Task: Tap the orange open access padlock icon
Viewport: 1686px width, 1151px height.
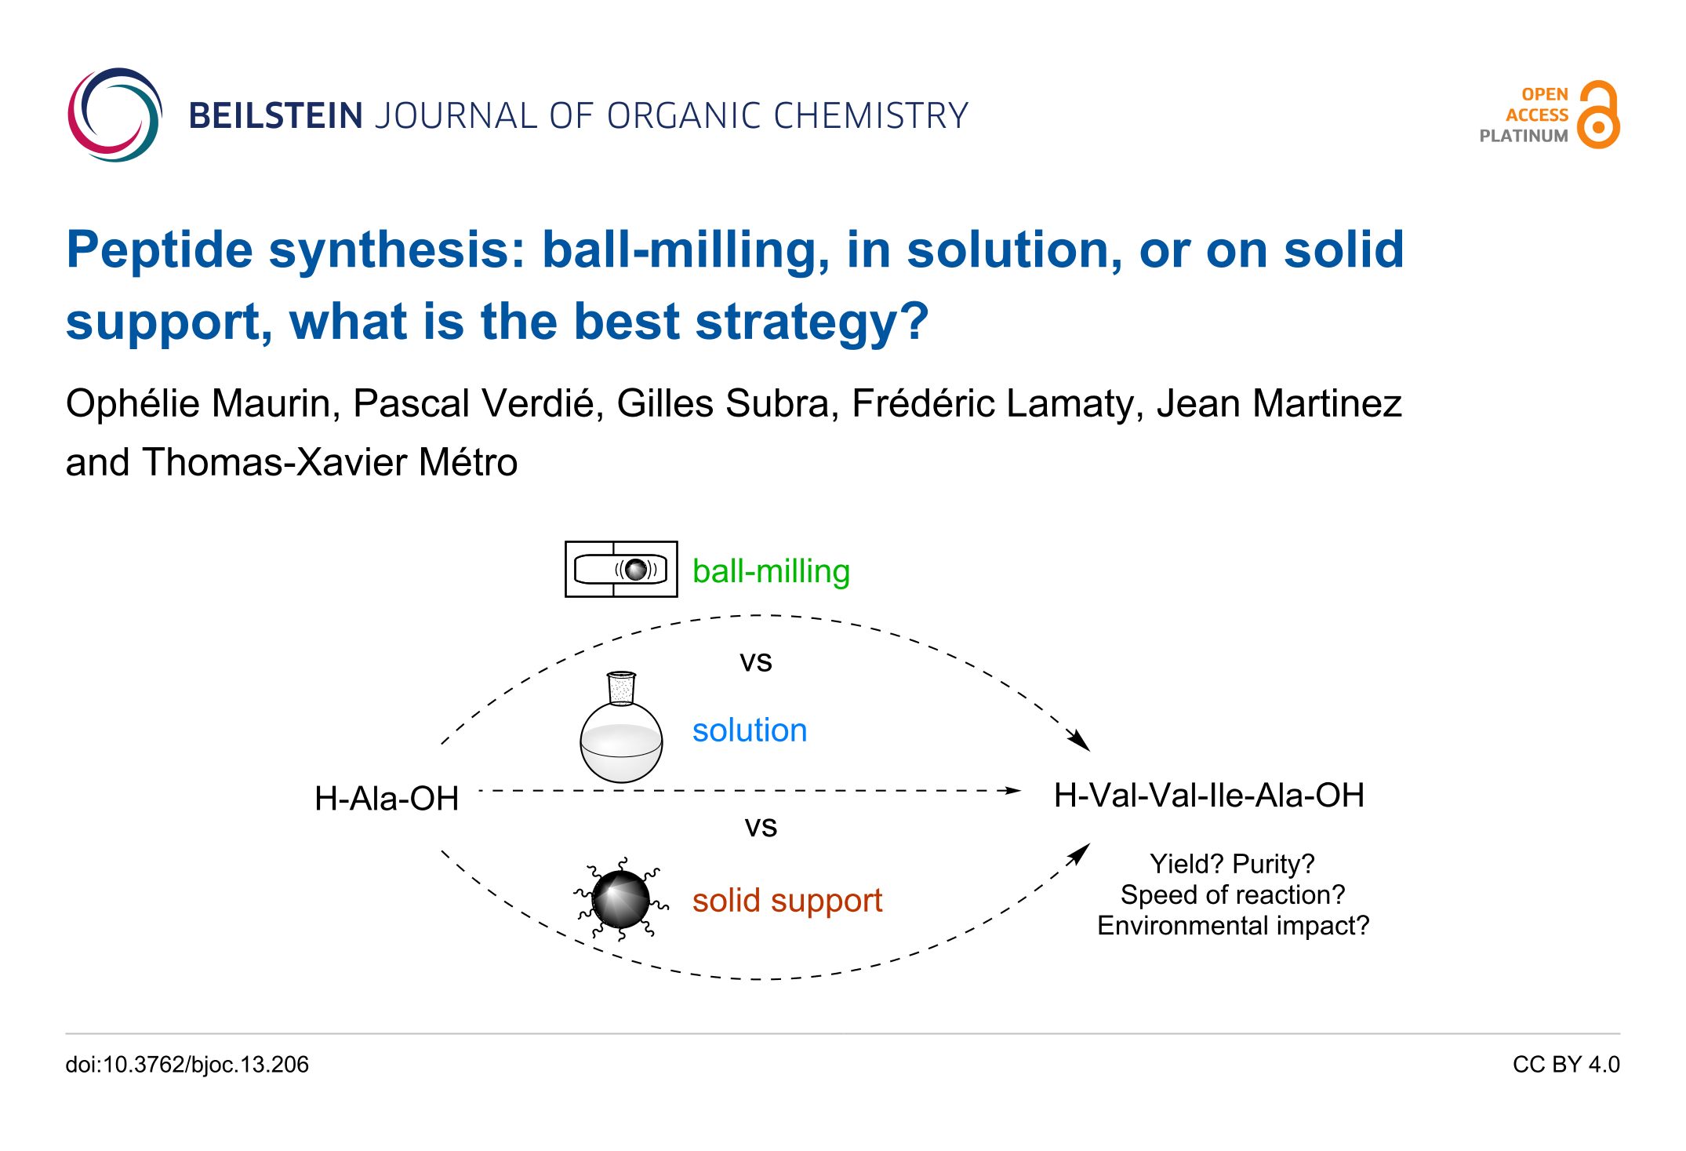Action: click(x=1598, y=115)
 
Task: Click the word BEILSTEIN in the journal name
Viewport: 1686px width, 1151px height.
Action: click(x=276, y=116)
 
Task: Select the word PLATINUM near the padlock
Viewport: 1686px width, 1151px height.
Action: click(x=1524, y=136)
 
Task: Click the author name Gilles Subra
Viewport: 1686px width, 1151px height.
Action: click(x=722, y=404)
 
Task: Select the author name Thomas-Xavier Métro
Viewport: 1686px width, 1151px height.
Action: click(x=330, y=462)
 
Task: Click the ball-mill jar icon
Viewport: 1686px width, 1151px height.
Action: click(x=621, y=569)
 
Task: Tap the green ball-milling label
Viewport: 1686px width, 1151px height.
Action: click(x=771, y=572)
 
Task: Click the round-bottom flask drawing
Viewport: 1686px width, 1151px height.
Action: click(x=621, y=727)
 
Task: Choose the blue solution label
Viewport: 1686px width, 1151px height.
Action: click(x=750, y=730)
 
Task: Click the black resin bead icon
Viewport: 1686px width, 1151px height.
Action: click(x=621, y=899)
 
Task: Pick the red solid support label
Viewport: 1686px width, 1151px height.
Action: click(x=787, y=901)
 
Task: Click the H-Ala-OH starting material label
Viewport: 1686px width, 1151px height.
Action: click(x=387, y=799)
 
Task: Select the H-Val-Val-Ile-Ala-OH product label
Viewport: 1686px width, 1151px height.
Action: click(x=1209, y=796)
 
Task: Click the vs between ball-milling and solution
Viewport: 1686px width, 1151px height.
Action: click(x=756, y=661)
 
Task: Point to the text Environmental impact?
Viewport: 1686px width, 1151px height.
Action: click(x=1233, y=926)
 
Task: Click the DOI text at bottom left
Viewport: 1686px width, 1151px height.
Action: click(x=187, y=1065)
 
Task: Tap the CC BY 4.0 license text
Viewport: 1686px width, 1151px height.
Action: click(x=1566, y=1065)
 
